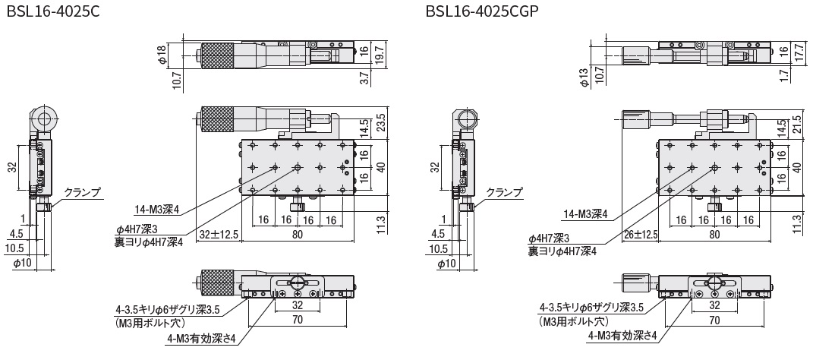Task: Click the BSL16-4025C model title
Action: click(x=52, y=11)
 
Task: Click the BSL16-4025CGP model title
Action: click(x=481, y=11)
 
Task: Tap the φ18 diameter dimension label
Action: click(x=162, y=55)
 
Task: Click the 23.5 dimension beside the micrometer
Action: click(x=379, y=124)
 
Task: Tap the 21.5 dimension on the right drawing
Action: click(x=796, y=125)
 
